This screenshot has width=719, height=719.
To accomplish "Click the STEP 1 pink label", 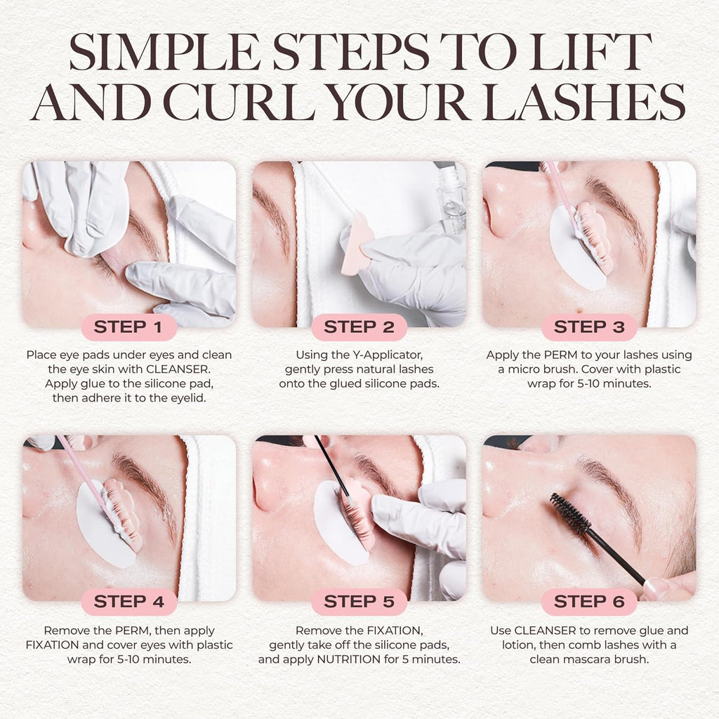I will coord(128,327).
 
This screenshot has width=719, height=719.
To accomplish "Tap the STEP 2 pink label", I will coord(359,327).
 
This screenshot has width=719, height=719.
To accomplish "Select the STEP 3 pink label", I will coord(589,327).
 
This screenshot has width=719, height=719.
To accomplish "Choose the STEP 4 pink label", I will coord(128,602).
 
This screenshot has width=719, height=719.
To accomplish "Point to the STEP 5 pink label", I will coord(359,602).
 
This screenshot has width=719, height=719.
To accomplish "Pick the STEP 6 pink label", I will coord(589,602).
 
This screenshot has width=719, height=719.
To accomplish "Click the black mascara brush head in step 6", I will coord(570,513).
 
